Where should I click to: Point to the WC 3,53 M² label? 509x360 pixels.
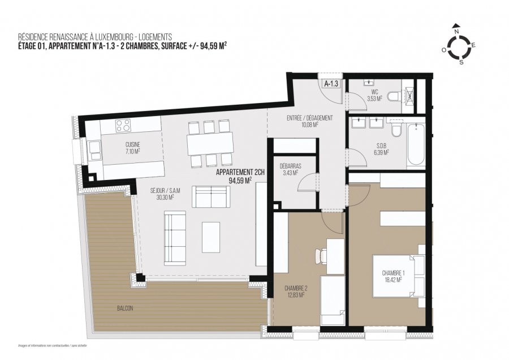click(375, 95)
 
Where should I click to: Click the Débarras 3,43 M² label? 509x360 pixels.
click(290, 169)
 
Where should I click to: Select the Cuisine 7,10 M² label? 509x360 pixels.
click(133, 148)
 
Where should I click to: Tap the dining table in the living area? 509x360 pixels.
click(210, 143)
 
